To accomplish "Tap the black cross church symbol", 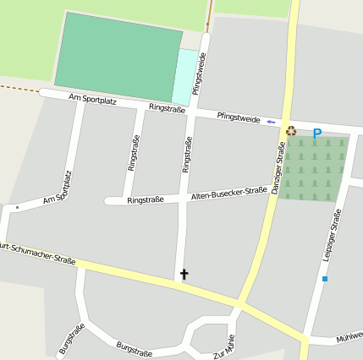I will click(184, 275).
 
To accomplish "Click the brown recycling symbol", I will click(292, 130).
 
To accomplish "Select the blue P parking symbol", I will click(317, 134).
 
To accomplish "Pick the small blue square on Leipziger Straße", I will click(324, 278).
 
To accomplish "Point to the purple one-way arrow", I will click(271, 123).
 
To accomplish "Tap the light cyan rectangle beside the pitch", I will click(184, 78).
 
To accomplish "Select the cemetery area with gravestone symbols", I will click(314, 168).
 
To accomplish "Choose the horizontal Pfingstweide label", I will click(239, 117).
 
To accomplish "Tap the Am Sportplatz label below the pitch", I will click(92, 100).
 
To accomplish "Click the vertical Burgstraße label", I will click(72, 340).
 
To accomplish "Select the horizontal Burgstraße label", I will click(134, 350).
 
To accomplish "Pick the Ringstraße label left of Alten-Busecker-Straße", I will click(146, 200).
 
